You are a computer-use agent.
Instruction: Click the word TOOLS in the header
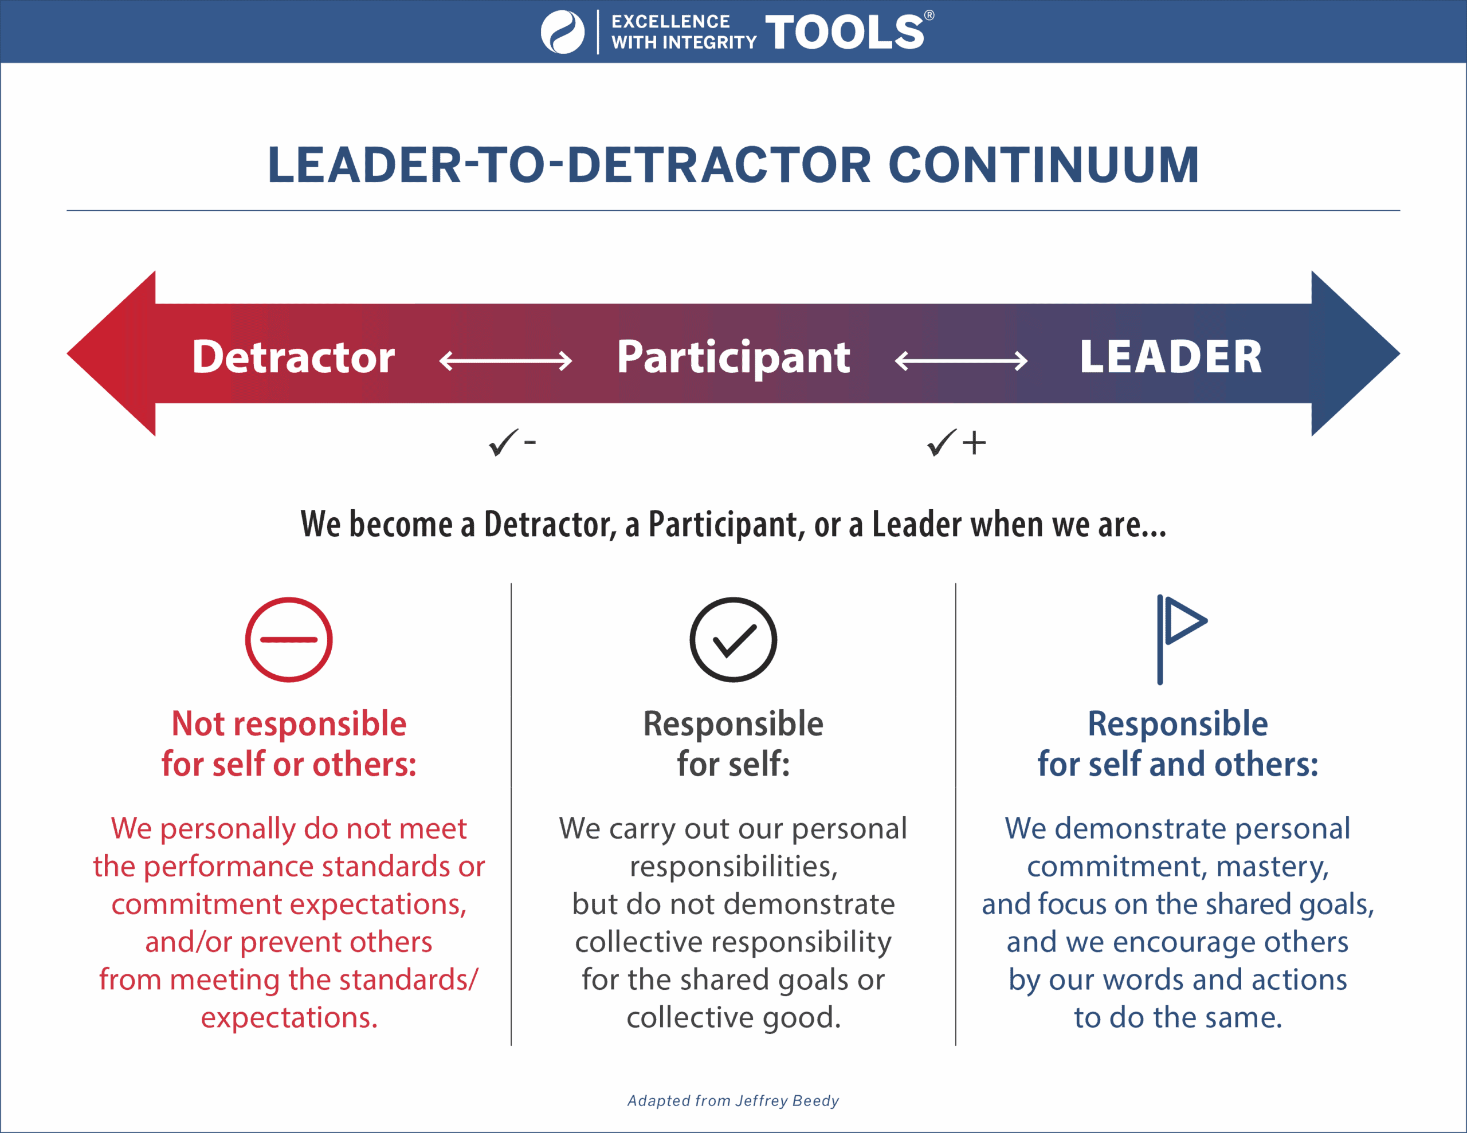844,32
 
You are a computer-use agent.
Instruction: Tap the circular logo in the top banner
563,32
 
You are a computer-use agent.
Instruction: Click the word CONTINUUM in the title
1044,165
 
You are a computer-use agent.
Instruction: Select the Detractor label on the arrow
293,357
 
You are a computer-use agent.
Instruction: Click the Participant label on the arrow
733,358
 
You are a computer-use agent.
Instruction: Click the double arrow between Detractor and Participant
505,361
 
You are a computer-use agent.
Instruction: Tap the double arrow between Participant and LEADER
961,361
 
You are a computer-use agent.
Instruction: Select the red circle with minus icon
289,639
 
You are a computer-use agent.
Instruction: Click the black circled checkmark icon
733,639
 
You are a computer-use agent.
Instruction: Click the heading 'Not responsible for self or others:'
289,744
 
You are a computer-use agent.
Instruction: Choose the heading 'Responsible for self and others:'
1178,744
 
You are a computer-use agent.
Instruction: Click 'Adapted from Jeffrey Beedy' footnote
733,1101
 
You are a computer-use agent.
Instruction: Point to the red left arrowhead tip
68,353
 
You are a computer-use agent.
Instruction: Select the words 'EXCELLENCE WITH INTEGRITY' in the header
684,32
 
